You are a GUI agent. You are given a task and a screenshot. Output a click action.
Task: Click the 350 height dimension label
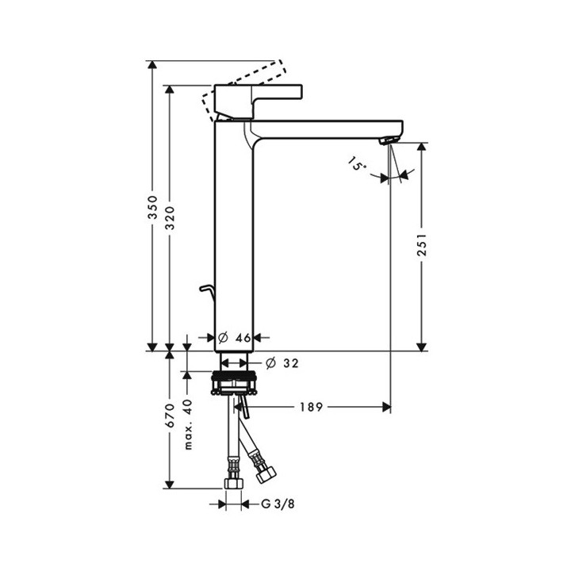(154, 209)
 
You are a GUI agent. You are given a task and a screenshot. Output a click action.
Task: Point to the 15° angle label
(356, 165)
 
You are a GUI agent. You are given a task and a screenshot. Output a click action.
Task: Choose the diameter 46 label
(235, 338)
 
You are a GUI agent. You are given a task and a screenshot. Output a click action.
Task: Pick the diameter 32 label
(282, 363)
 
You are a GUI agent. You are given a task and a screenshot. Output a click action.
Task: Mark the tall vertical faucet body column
(234, 238)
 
